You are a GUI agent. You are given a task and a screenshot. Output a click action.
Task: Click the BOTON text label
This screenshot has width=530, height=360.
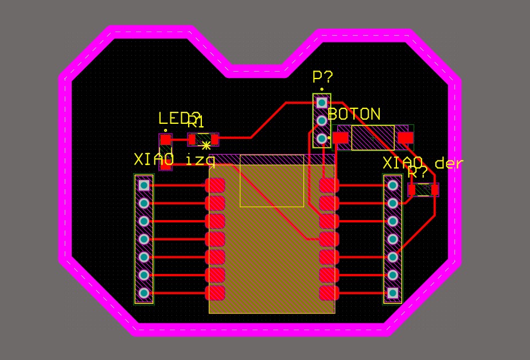(x=354, y=114)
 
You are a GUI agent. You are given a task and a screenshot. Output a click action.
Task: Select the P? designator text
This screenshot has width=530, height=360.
(x=322, y=77)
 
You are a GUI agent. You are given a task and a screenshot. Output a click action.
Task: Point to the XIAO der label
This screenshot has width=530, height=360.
(x=423, y=163)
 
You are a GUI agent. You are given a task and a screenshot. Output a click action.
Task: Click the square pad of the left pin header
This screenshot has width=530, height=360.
(x=144, y=185)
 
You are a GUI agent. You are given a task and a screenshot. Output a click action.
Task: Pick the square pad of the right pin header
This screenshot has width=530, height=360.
(x=393, y=293)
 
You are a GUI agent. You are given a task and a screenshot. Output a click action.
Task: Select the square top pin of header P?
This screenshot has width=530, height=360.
(x=322, y=102)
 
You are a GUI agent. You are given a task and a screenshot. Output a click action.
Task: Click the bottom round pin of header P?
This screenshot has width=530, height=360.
(x=322, y=138)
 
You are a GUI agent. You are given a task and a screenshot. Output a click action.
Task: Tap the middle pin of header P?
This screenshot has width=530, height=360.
(x=322, y=120)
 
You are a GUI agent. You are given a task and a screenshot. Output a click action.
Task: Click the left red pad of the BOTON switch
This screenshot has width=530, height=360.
(x=341, y=138)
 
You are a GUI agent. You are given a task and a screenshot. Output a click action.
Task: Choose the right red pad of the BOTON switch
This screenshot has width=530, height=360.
(x=406, y=138)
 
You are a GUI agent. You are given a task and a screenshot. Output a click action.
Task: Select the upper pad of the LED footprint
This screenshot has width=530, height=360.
(x=166, y=139)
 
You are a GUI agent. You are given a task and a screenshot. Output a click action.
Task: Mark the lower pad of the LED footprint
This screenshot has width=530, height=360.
(x=166, y=163)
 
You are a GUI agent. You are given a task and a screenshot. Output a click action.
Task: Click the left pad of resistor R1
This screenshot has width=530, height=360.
(x=192, y=139)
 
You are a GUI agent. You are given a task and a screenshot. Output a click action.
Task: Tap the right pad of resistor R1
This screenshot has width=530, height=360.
(x=215, y=139)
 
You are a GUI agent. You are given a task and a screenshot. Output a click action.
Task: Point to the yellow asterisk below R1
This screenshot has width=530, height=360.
(x=206, y=146)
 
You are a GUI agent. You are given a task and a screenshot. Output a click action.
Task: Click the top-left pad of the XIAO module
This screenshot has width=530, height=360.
(x=216, y=185)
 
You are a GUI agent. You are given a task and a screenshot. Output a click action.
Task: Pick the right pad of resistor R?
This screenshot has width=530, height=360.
(x=435, y=189)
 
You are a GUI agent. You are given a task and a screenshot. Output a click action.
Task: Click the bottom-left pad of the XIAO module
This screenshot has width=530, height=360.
(x=216, y=293)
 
